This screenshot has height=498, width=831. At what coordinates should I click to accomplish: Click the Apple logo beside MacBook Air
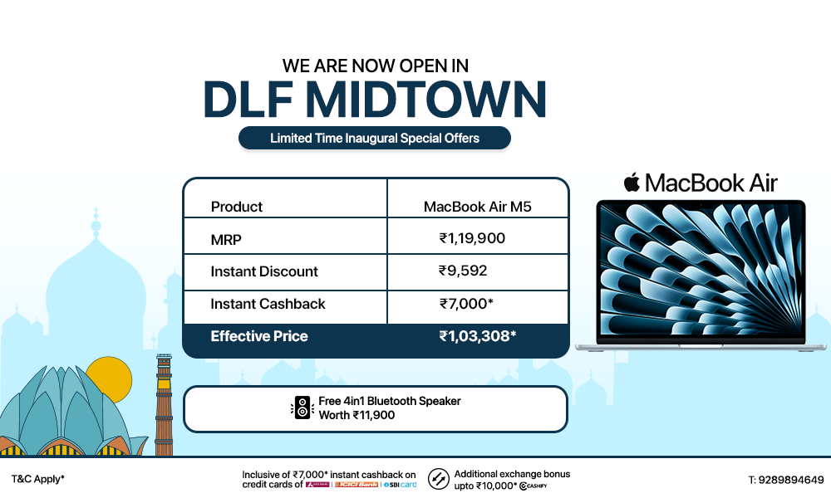[632, 182]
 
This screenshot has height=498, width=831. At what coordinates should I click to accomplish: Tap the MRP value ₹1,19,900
[472, 239]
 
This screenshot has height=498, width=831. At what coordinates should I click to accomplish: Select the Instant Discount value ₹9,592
[463, 271]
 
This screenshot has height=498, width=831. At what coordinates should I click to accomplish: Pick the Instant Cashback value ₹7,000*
[466, 304]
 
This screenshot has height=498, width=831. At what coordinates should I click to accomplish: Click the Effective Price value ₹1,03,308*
[478, 336]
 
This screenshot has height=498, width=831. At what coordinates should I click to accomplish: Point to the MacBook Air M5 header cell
[477, 207]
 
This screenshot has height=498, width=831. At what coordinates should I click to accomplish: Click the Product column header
[237, 207]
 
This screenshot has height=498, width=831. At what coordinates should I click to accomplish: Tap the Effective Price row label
[259, 336]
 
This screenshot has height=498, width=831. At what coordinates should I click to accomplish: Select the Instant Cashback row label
[268, 304]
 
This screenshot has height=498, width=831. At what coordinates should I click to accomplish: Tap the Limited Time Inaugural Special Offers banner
[375, 138]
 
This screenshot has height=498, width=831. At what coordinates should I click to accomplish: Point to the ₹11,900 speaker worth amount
[373, 415]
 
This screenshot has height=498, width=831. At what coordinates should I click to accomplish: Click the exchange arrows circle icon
[439, 479]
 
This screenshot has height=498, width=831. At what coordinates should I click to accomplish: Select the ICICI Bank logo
[356, 485]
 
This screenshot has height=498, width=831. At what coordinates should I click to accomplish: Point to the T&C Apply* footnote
[38, 480]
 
